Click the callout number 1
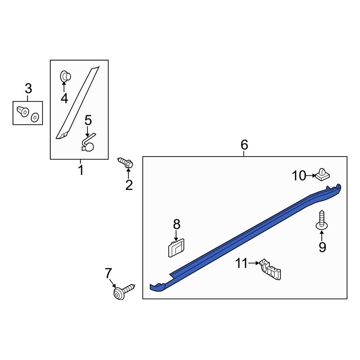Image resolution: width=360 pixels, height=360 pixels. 81,170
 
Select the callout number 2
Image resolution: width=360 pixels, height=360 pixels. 129,185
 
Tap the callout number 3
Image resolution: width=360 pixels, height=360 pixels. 28,88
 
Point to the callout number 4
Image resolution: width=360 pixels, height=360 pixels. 64,98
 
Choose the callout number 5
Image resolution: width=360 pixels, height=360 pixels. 88,121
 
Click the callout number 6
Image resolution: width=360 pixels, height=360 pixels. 244,145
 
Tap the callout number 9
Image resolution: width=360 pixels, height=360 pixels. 322,247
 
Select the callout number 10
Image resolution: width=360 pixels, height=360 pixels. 298,176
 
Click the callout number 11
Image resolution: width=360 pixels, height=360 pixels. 242,264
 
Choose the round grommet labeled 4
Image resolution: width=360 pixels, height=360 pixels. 65,76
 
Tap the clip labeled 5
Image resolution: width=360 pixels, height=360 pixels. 89,143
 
